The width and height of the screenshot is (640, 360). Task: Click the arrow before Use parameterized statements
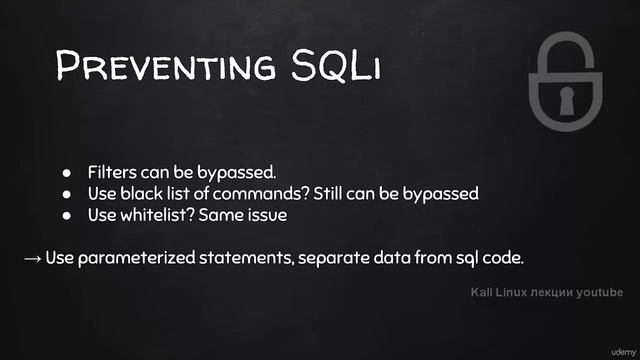32,258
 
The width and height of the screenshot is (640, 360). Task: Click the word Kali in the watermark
484,293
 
